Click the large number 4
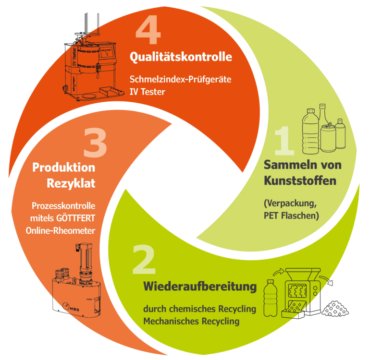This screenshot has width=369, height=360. coord(148,30)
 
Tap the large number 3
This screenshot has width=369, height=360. coord(95,143)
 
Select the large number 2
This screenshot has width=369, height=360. coord(144,259)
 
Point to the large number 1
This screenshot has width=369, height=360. coord(284,141)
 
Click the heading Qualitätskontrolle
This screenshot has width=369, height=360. coord(181,57)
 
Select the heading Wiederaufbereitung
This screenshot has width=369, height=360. coord(200,287)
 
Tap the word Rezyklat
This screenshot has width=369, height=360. coord(71,183)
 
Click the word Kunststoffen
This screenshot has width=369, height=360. coord(300,181)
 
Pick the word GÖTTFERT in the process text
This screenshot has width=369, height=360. coord(75,218)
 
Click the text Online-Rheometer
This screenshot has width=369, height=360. coord(61,231)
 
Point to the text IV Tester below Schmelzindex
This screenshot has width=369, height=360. coord(148,92)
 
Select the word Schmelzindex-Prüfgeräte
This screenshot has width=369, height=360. coord(180,80)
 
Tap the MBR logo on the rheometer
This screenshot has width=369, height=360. coord(71,307)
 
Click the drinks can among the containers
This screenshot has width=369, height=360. coord(328,138)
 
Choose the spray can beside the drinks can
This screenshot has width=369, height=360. coord(340,134)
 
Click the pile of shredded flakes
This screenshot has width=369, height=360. coord(335,308)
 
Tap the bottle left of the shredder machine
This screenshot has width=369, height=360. coord(271,298)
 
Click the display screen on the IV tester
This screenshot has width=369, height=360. coord(107,52)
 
